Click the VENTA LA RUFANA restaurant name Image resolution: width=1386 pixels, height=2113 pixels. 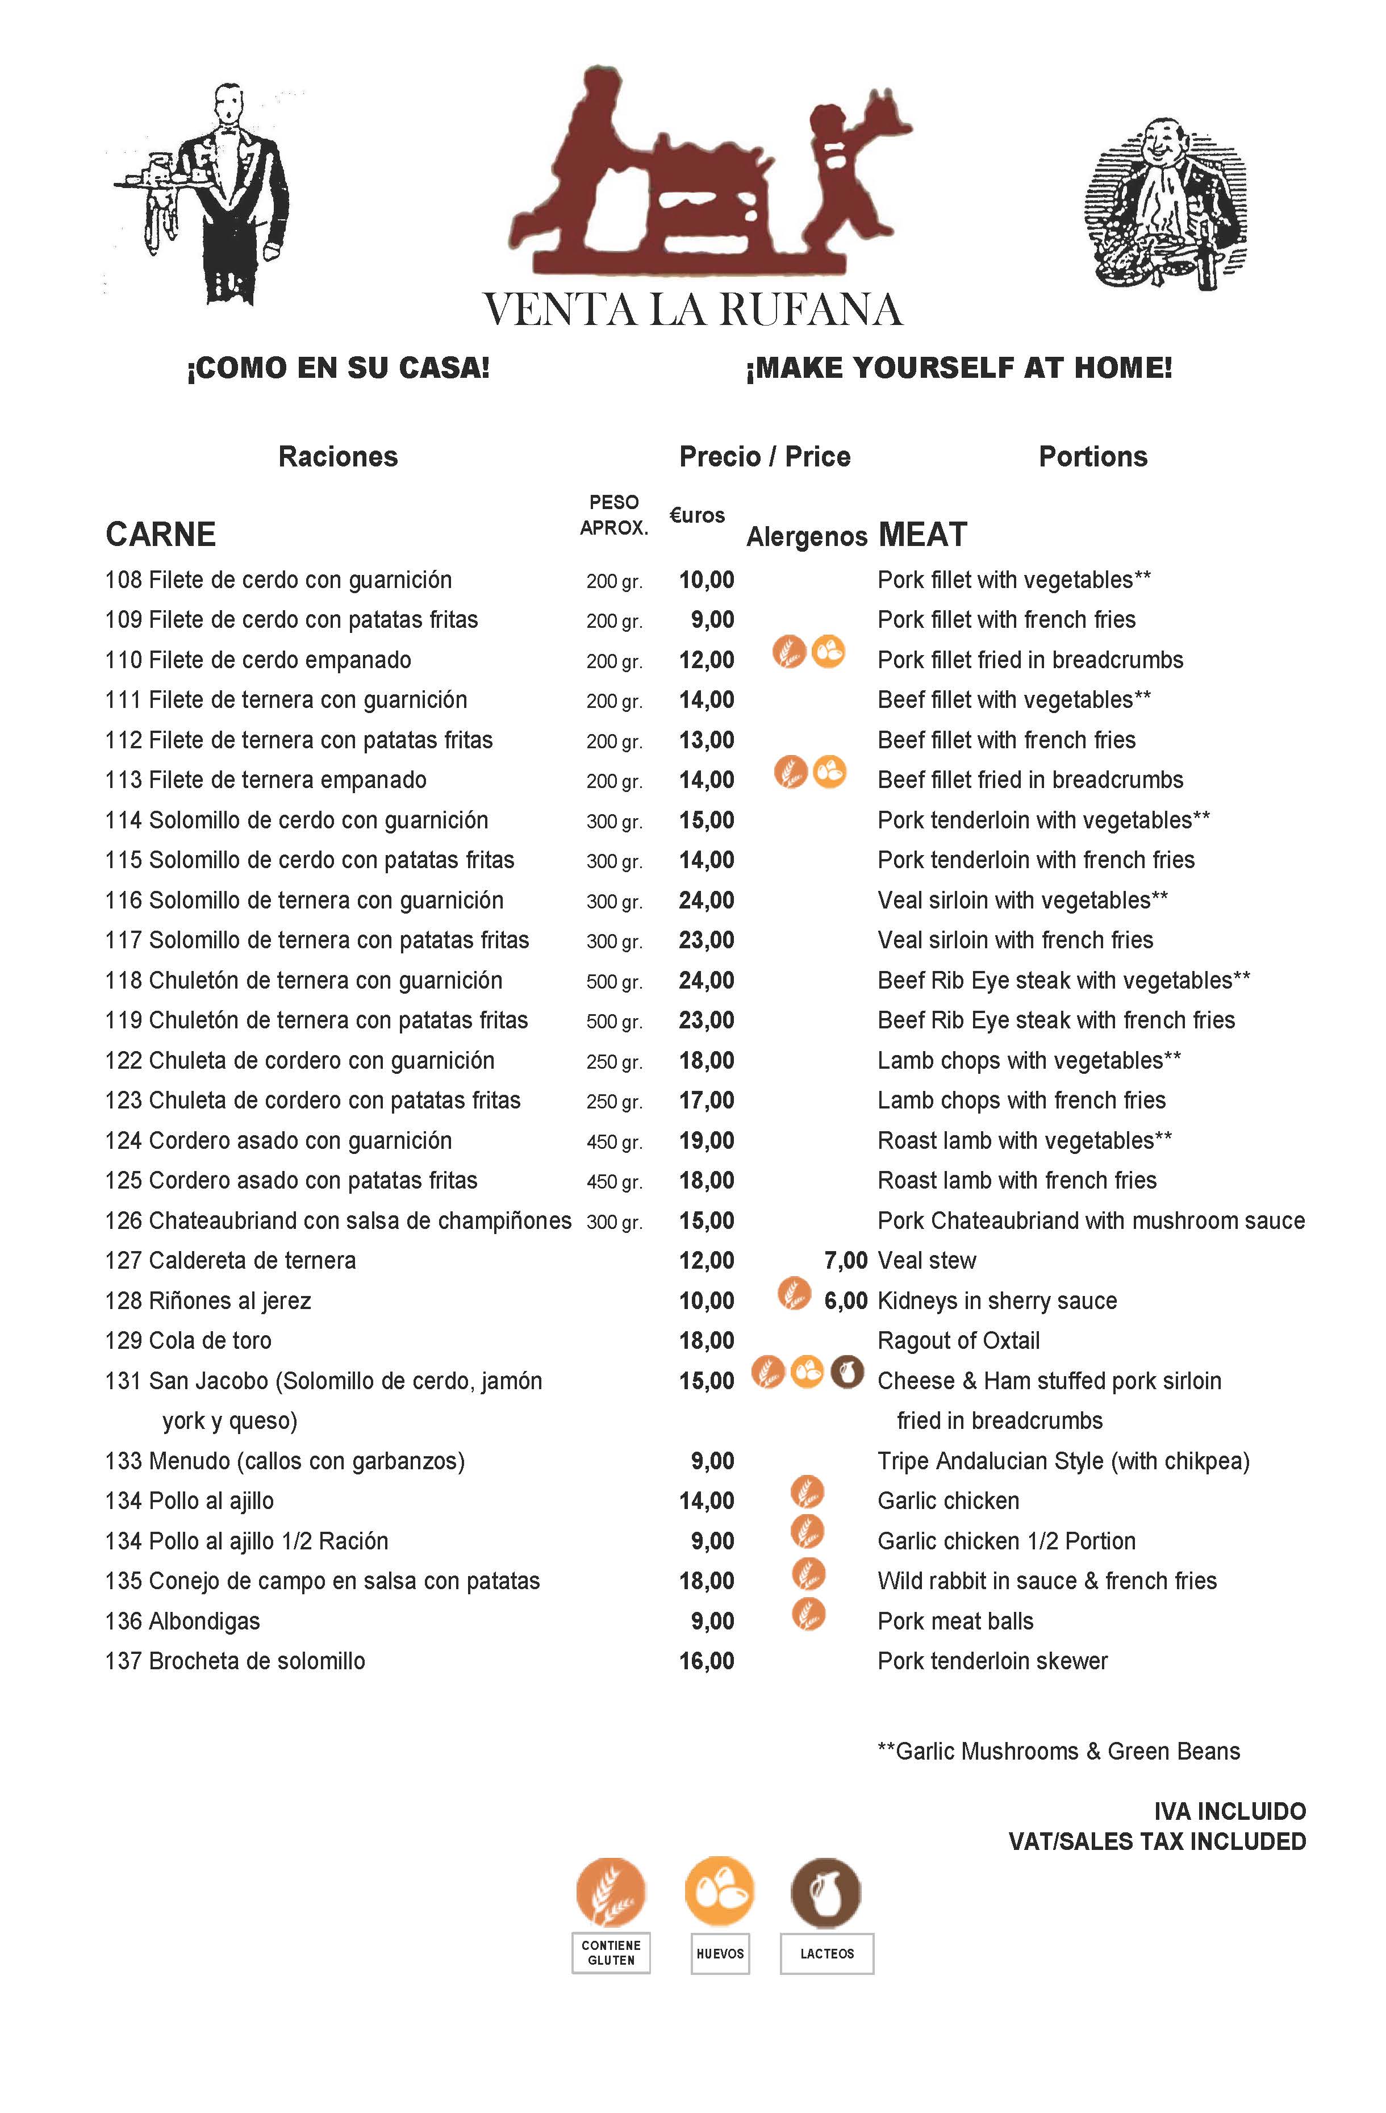tap(692, 310)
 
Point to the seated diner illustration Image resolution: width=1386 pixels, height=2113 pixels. tap(1166, 203)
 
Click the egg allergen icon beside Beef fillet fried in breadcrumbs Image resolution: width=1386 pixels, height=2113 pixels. tap(829, 772)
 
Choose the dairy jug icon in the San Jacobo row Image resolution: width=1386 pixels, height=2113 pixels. tap(847, 1373)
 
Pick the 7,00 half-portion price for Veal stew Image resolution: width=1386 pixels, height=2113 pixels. tap(845, 1261)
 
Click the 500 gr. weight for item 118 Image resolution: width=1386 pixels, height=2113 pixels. tap(613, 982)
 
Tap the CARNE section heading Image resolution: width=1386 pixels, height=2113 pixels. tap(161, 535)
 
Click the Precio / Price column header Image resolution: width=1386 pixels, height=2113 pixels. tap(765, 456)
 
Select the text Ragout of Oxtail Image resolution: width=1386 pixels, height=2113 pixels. tap(958, 1341)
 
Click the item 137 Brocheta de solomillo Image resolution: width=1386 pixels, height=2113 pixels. tap(235, 1661)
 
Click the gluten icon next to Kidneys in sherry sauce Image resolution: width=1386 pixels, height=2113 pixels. tap(794, 1294)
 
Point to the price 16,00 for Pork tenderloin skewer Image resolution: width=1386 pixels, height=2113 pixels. tap(706, 1661)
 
